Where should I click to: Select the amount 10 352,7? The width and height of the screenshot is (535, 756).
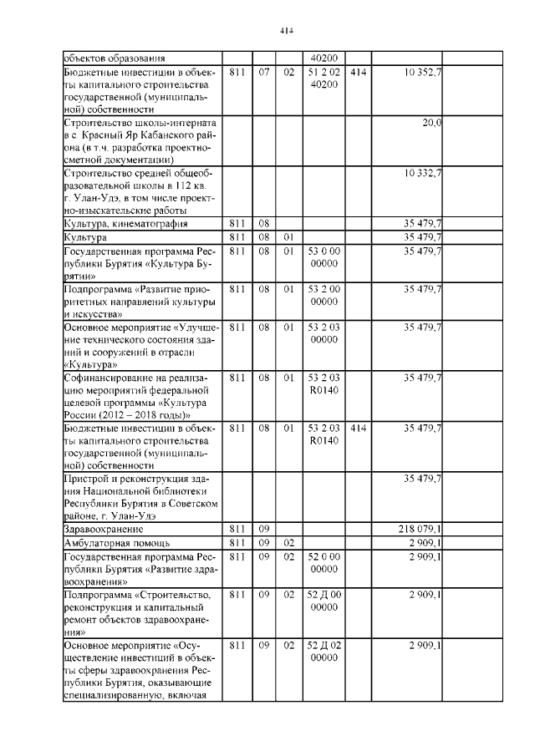coord(423,74)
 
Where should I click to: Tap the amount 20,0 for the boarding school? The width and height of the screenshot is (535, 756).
coord(432,123)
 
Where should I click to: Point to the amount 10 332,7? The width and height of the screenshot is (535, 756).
coord(423,173)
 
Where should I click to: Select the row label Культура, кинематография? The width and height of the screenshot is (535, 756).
coord(125,223)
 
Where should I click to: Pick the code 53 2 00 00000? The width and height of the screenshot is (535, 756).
coord(323,295)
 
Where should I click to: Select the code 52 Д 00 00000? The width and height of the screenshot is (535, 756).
coord(323,601)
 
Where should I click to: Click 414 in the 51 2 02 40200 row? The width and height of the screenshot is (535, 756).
coord(358,74)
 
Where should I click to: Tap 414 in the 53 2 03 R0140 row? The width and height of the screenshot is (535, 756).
coord(358,428)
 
